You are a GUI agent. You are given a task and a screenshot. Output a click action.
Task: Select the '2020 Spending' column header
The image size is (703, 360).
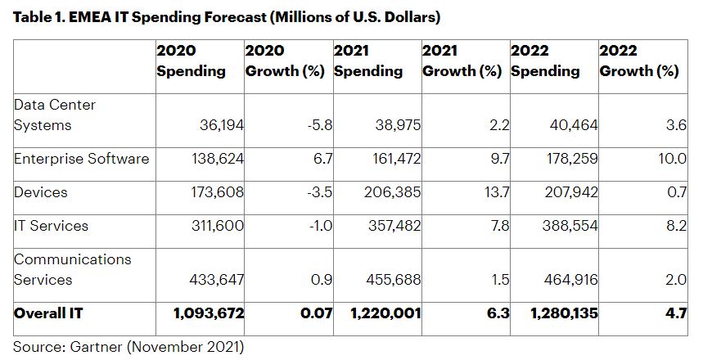click(x=191, y=61)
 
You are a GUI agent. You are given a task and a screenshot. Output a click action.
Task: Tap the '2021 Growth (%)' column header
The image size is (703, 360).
click(x=462, y=61)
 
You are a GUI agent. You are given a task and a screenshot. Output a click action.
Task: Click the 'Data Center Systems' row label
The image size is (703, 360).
click(x=55, y=115)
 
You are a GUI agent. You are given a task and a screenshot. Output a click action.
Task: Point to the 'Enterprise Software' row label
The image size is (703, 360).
click(x=81, y=158)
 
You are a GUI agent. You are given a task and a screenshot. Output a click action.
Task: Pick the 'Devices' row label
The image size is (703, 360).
click(x=40, y=192)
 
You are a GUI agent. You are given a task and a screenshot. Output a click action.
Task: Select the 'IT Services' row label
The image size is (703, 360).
click(x=51, y=226)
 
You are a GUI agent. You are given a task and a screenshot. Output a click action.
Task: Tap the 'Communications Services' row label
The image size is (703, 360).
click(x=72, y=269)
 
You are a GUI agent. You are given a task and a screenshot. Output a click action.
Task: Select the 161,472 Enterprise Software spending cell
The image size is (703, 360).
click(x=392, y=158)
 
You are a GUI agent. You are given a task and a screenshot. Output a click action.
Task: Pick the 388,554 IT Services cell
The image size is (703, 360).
click(x=569, y=226)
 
